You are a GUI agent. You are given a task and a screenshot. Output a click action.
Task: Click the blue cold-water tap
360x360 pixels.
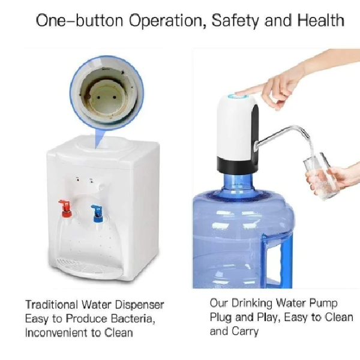coord(98,214)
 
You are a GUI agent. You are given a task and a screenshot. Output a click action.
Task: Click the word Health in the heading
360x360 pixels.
coord(321,20)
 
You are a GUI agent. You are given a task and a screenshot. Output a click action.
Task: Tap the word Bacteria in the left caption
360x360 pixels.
coord(133,319)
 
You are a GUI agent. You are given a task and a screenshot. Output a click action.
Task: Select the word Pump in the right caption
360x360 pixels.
coord(323,303)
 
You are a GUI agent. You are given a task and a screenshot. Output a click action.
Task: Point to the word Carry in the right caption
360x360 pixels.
coord(245,332)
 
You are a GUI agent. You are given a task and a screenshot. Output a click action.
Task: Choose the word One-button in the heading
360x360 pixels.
coord(80,20)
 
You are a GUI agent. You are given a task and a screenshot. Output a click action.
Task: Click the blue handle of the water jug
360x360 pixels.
coord(278,262)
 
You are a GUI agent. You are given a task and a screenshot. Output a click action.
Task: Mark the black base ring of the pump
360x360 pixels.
coord(235,164)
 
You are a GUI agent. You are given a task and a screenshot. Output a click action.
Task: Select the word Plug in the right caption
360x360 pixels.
coord(221,318)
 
